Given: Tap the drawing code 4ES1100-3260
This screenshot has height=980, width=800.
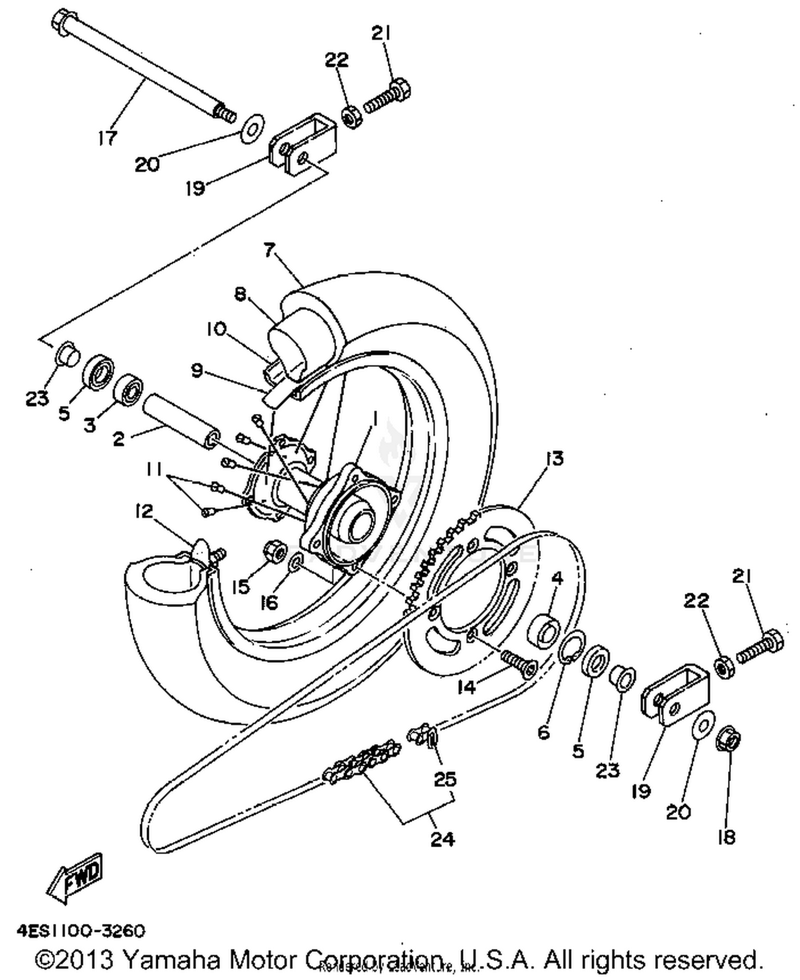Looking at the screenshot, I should click(x=81, y=931).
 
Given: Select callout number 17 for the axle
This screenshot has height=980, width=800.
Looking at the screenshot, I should click(x=107, y=139).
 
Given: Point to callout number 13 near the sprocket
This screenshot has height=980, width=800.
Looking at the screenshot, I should click(x=554, y=458).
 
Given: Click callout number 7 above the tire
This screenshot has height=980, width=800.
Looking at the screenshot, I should click(x=270, y=250).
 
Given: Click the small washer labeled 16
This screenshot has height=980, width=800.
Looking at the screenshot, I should click(x=296, y=563).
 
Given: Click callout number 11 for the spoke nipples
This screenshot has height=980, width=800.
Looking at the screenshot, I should click(x=155, y=469).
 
